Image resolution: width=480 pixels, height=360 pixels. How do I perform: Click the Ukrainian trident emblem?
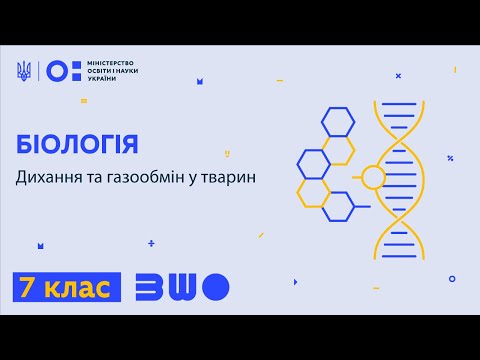pos(24,71)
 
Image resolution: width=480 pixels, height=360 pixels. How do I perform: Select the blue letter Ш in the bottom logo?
pos(180,288)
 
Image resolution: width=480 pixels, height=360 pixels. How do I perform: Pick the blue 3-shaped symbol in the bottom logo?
pos(146,288)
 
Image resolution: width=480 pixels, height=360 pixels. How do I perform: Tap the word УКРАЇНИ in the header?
pos(99,79)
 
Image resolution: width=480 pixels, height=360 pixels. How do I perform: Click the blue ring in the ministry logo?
pos(59,71)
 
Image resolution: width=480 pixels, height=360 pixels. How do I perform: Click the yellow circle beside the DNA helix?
pos(372,177)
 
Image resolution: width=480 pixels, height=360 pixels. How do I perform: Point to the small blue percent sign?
pos(451,158)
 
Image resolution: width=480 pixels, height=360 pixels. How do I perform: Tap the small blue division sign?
pos(151,243)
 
